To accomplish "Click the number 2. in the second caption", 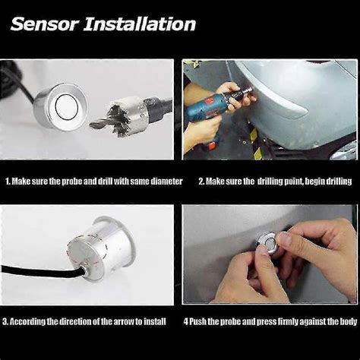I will click(x=202, y=182).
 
